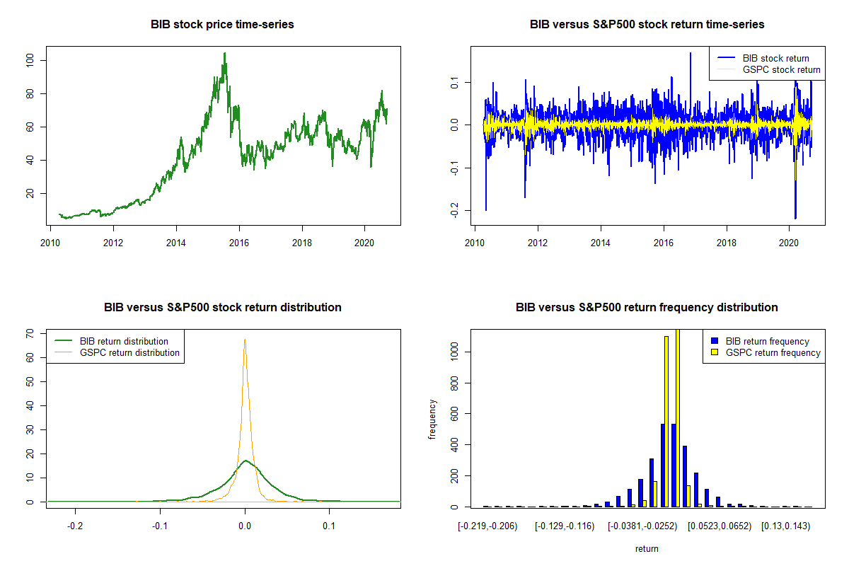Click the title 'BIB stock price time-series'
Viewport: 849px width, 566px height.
(x=222, y=24)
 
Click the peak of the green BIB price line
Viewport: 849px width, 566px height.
(x=225, y=53)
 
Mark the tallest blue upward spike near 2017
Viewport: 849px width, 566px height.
(x=691, y=53)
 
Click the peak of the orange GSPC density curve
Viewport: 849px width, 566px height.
(x=245, y=340)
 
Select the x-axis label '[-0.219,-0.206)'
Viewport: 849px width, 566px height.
(x=487, y=526)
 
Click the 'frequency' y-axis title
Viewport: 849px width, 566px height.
(x=432, y=418)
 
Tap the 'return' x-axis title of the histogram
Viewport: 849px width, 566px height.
(x=647, y=548)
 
